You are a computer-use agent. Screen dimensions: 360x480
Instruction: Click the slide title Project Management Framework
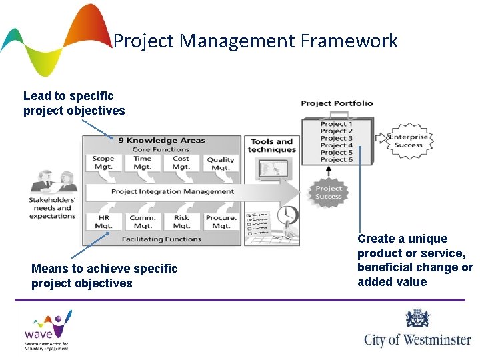[255, 41]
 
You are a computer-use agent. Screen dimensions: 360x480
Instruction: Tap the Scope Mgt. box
[103, 163]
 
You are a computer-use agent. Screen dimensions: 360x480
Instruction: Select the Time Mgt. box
[143, 163]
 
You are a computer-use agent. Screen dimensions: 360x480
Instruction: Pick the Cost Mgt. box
[181, 163]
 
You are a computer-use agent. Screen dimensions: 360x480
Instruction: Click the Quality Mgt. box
[221, 164]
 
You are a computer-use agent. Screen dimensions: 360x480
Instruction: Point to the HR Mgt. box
[103, 222]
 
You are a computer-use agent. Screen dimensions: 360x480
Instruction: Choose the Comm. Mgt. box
[143, 222]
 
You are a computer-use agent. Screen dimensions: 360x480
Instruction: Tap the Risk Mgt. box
[181, 222]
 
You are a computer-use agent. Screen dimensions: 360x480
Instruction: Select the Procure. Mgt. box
[221, 222]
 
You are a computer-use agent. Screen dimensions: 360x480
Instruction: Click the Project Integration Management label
[173, 192]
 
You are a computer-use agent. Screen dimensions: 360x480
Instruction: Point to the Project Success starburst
[328, 193]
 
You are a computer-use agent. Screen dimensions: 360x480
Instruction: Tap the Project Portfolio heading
[337, 103]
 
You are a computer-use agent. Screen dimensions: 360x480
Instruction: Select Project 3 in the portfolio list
[337, 138]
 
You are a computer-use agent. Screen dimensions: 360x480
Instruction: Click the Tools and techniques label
[271, 145]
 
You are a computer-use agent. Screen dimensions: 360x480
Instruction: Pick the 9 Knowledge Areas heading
[162, 141]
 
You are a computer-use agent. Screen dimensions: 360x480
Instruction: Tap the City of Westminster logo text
[417, 339]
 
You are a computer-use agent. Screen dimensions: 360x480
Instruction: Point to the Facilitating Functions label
[161, 239]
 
